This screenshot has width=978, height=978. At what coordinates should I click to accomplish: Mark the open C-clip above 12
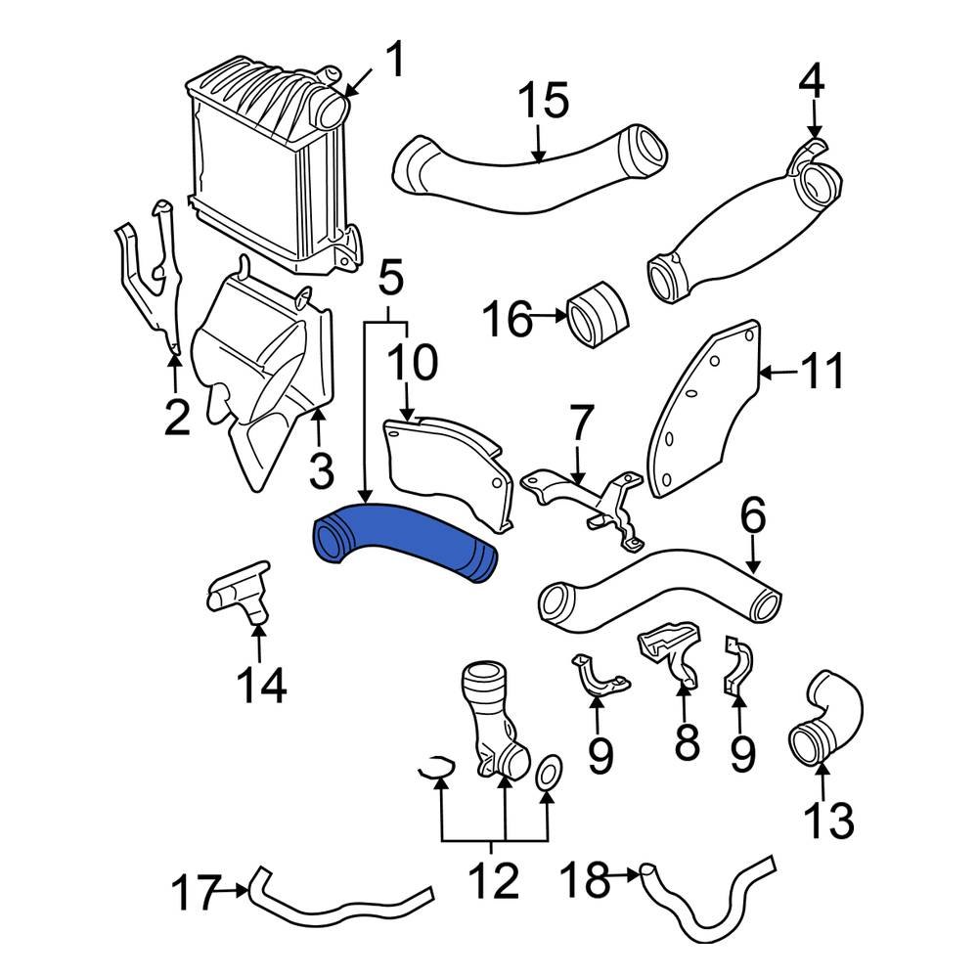click(434, 770)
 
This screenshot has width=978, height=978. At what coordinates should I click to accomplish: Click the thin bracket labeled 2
click(147, 284)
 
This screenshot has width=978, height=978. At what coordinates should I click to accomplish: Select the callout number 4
click(813, 81)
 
